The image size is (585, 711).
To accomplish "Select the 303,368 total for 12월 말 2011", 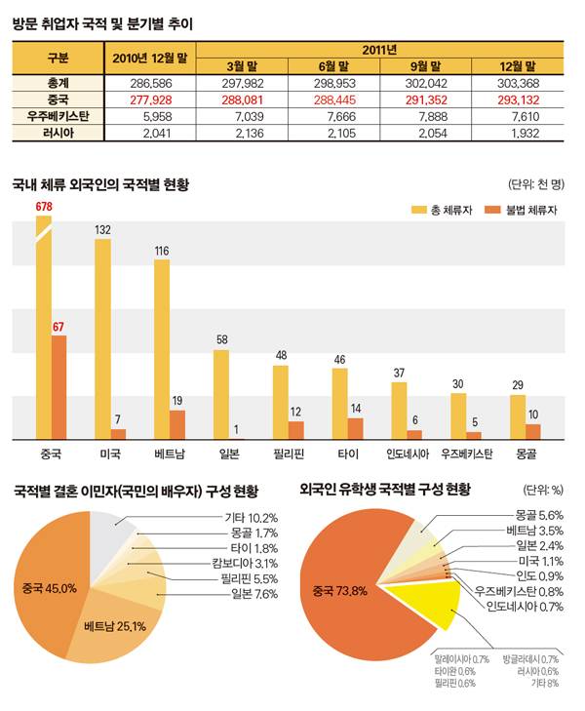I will click(517, 83).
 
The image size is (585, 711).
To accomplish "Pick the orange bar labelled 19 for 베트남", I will click(177, 424).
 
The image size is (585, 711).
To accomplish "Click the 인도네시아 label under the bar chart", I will click(408, 454).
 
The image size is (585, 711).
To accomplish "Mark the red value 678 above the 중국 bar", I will click(43, 207).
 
